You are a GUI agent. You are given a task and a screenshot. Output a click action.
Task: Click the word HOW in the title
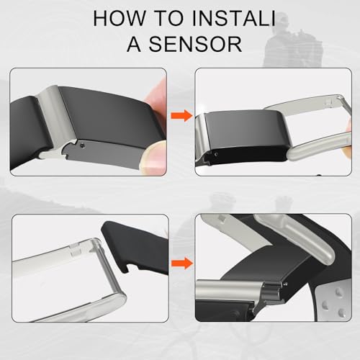pos(120,18)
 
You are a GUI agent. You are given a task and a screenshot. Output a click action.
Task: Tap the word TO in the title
pos(169,18)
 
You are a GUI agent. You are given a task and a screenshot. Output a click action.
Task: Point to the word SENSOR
pos(195,44)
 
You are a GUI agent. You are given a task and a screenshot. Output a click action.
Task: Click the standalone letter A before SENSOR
pos(134,44)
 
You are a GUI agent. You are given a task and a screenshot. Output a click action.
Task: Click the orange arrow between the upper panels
pos(181,115)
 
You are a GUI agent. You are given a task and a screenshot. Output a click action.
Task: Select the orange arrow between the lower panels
pos(181,264)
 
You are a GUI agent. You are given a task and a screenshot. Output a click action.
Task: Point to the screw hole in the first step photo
pos(83,145)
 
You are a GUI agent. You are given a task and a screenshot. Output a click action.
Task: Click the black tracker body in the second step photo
pos(245,135)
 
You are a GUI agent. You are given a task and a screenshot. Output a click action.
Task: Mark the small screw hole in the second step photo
pos(217,155)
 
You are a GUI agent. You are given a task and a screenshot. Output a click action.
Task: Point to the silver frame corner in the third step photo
pos(99,243)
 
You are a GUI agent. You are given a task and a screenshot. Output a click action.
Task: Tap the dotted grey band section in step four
pos(333,302)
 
